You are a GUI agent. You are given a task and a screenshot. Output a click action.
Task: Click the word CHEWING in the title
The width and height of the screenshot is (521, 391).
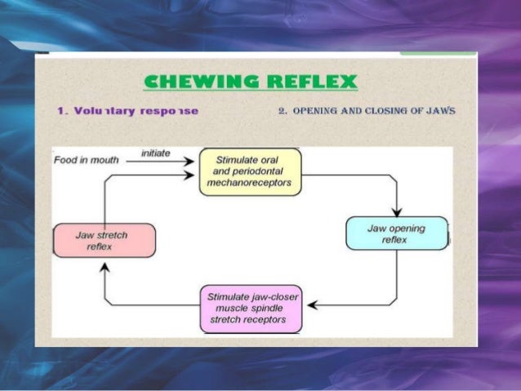tap(194, 82)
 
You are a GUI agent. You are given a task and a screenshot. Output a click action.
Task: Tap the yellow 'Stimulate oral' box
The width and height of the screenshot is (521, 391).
tap(250, 171)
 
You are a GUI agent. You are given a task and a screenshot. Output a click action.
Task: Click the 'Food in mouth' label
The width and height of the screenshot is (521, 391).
tap(86, 160)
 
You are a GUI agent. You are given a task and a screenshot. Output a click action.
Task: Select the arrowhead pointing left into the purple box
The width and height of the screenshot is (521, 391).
tap(312, 305)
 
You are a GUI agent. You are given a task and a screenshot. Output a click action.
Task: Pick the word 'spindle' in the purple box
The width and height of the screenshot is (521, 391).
tap(278, 309)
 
